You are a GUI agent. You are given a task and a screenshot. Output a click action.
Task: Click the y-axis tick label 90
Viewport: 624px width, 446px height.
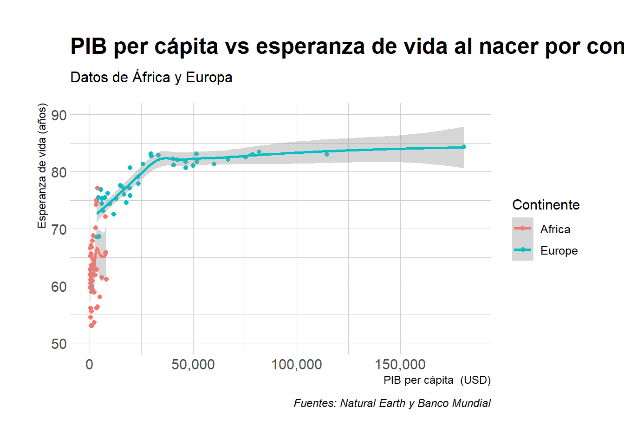[59, 115]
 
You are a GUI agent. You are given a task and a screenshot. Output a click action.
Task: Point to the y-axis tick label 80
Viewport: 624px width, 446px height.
[59, 172]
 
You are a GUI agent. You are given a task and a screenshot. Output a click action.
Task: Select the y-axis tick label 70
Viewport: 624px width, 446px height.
[59, 230]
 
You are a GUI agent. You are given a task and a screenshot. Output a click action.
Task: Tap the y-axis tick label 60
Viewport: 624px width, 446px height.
[59, 287]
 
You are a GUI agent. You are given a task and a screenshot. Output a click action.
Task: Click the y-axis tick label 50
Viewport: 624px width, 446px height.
[59, 344]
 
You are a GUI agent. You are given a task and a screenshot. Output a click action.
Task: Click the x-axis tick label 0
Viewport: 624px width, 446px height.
[90, 365]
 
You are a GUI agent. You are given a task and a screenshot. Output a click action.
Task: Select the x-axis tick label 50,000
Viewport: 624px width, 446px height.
[193, 365]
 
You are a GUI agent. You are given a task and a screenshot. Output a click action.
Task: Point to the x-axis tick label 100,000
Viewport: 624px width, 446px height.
[296, 365]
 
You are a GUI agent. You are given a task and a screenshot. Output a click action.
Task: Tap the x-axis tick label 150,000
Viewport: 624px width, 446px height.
[400, 365]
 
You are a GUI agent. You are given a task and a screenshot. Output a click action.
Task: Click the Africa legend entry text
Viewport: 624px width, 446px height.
[555, 229]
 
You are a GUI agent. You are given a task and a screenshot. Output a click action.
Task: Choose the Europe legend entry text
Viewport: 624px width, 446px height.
[559, 251]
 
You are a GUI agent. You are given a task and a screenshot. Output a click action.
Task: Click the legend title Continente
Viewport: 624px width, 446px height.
[546, 205]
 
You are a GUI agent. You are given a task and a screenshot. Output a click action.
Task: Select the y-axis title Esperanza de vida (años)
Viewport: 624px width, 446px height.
[42, 166]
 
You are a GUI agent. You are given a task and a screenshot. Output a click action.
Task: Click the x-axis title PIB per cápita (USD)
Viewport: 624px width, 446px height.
[437, 380]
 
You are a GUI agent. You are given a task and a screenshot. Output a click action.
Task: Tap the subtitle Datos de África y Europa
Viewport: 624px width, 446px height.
[151, 77]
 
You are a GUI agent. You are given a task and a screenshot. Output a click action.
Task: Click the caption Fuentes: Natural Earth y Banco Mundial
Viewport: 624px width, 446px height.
[392, 403]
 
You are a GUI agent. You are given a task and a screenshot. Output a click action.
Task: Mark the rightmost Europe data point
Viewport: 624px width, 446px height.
[463, 147]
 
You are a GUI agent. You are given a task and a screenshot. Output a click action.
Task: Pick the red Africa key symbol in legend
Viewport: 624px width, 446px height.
[522, 228]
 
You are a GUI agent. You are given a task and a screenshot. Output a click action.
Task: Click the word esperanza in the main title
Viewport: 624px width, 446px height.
[310, 46]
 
